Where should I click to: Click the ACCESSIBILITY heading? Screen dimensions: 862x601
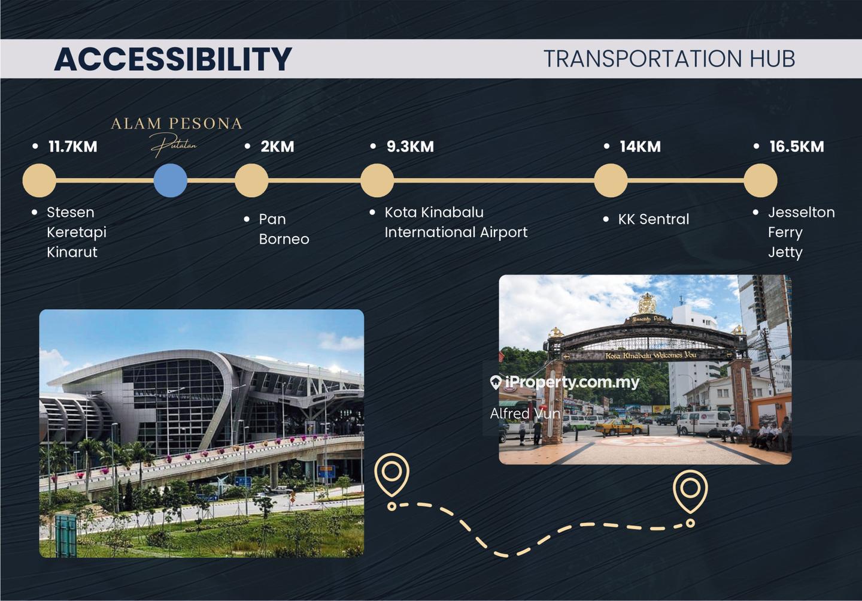point(173,59)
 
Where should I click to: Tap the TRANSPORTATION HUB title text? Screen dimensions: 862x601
point(669,59)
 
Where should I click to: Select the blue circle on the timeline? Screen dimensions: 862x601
point(171,180)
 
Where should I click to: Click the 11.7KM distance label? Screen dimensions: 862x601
point(73,146)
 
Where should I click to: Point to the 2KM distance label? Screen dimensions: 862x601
point(278,146)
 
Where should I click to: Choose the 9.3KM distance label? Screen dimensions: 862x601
point(410,146)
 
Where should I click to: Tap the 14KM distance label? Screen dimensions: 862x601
point(641,146)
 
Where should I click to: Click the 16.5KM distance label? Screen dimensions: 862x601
point(797,146)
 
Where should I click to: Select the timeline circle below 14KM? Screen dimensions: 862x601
point(611,180)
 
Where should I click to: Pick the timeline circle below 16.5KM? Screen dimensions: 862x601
point(760,180)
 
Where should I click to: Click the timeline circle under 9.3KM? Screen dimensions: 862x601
point(377,180)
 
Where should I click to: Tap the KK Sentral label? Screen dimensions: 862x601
point(654,219)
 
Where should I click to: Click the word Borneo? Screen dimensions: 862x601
point(284,239)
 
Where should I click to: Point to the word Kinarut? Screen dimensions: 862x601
point(72,252)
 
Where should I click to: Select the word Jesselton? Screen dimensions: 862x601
point(802,212)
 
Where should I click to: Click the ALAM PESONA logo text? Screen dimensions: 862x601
point(177,123)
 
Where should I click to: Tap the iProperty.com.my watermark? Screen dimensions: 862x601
point(564,382)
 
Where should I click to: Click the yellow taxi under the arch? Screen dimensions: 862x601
point(619,427)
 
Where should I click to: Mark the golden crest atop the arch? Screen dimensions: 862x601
point(647,303)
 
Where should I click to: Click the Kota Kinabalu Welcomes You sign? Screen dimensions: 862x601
point(651,355)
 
